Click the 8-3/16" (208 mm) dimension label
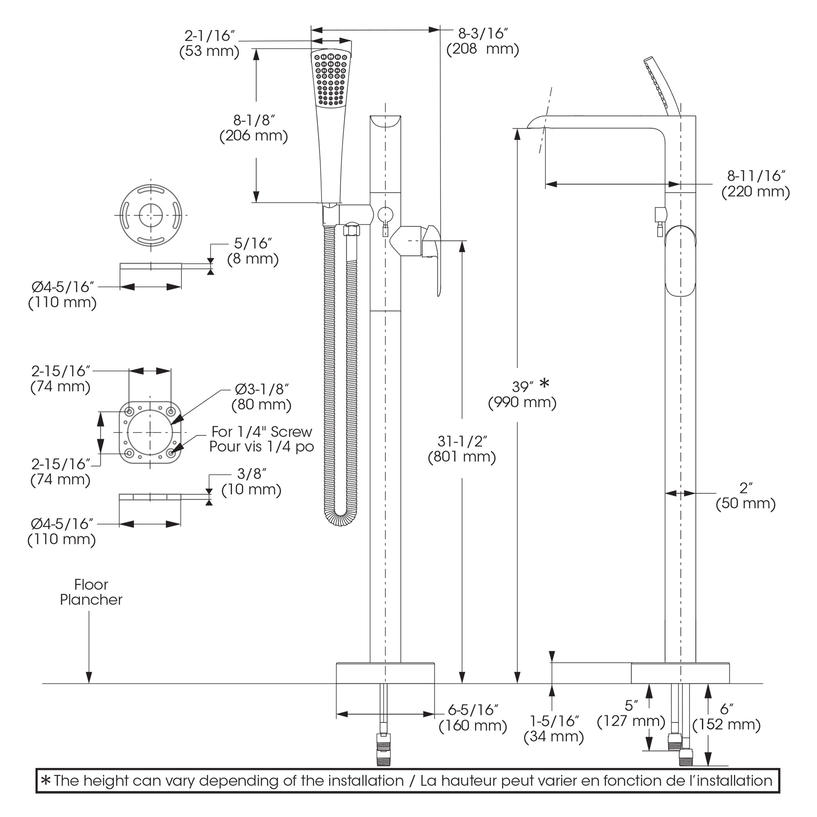[x=482, y=41]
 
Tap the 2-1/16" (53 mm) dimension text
[x=209, y=43]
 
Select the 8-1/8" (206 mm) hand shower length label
[x=254, y=128]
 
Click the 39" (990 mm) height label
[x=522, y=394]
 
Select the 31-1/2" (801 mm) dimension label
[x=462, y=449]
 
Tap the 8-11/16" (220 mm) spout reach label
[x=756, y=183]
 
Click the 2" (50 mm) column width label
[x=746, y=496]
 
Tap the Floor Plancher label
[x=91, y=592]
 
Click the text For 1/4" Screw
[x=262, y=432]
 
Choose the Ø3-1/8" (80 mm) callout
[x=261, y=396]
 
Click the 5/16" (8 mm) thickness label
[x=252, y=251]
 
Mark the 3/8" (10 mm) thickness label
[x=251, y=482]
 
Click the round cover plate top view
[x=151, y=215]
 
